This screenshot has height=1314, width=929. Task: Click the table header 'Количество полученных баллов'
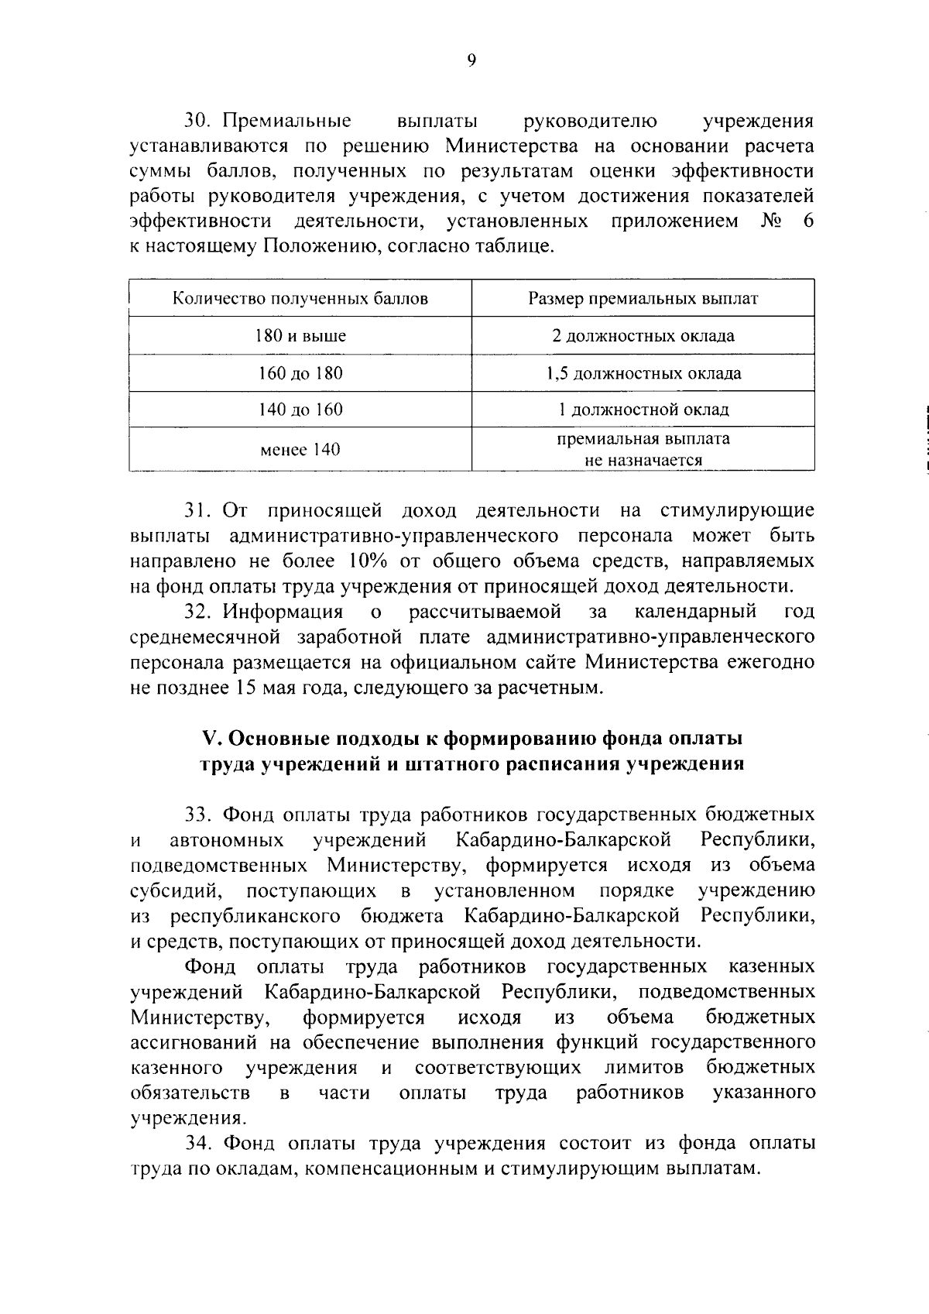pos(300,299)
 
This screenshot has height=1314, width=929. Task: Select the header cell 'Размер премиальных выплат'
pos(643,299)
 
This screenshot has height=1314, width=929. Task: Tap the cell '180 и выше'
pos(300,336)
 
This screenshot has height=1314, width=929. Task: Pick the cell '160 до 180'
pos(300,373)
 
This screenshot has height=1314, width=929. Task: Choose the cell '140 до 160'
pos(300,410)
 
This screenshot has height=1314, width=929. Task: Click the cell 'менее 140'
pos(300,450)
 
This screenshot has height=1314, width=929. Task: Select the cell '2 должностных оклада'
pos(643,336)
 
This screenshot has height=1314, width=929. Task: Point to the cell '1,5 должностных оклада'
pos(643,373)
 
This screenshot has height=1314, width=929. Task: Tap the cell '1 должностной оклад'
pos(643,410)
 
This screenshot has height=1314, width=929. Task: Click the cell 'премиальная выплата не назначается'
pos(643,450)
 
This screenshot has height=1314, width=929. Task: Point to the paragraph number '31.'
pos(198,510)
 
